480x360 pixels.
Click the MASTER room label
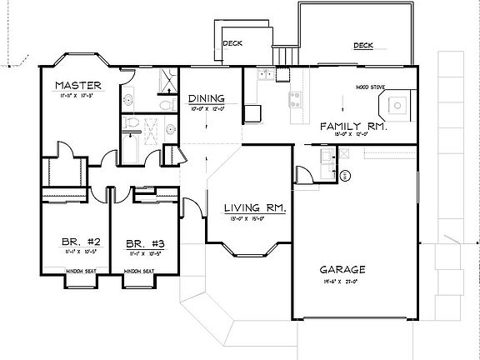click(78, 86)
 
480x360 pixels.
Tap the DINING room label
click(203, 97)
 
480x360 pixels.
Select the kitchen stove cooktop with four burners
click(296, 101)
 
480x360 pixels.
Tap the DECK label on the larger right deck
click(362, 46)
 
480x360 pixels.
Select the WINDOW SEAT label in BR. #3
click(138, 271)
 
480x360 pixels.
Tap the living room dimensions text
click(256, 220)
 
